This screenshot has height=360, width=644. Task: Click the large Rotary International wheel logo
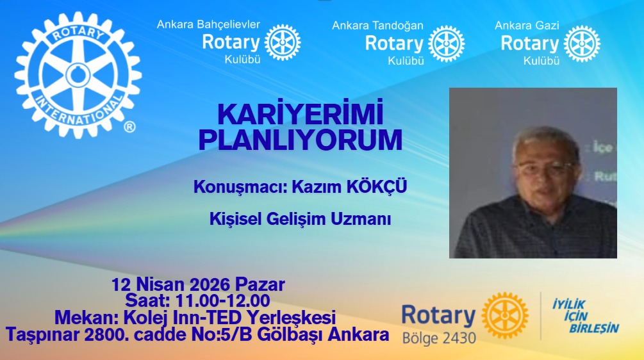click(78, 75)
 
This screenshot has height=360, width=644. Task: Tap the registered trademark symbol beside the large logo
click(129, 127)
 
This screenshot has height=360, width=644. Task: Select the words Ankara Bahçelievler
click(208, 24)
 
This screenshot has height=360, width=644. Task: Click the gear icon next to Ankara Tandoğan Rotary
click(446, 44)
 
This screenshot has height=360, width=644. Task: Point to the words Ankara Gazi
click(527, 26)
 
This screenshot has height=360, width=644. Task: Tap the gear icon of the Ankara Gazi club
click(582, 44)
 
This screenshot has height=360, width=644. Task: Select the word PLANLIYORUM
click(301, 140)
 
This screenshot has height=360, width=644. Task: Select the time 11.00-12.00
click(222, 300)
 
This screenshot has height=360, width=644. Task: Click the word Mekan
click(84, 317)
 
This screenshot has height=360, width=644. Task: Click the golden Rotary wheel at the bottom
click(505, 316)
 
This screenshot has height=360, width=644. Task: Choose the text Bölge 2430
click(439, 338)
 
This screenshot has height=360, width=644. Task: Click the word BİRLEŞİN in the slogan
click(594, 329)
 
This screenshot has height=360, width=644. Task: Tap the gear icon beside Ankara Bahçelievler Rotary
click(283, 42)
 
